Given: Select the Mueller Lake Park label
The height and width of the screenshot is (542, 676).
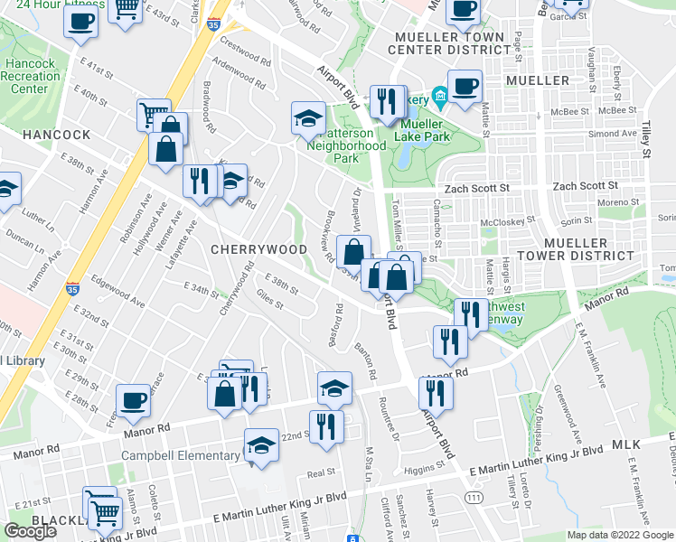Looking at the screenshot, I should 424,130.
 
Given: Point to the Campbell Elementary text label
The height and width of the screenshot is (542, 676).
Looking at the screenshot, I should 181,455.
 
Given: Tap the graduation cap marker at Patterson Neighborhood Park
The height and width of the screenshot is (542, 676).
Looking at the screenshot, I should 308,117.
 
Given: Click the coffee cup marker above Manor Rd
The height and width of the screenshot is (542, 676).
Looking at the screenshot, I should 133,401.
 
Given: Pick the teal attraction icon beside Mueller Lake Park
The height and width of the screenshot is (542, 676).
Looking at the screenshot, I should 440,95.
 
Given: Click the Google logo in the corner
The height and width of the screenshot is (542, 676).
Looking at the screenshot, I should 31,530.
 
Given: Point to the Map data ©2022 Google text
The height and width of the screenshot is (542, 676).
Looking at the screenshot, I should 620,535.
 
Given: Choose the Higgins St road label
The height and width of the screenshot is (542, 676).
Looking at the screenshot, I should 425,468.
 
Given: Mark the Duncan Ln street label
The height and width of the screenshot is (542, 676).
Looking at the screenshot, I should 25,242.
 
